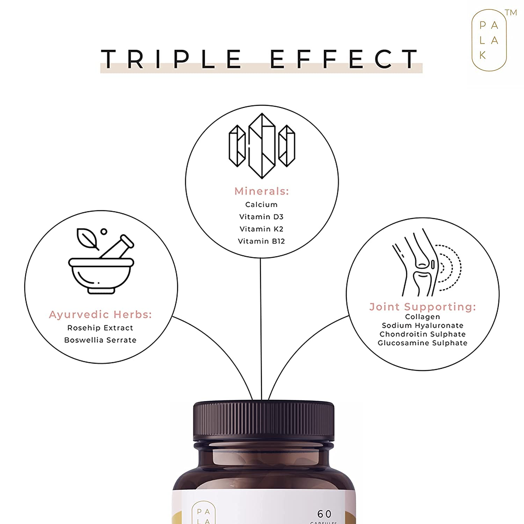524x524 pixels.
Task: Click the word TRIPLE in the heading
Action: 171,59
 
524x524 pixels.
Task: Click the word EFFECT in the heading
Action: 344,59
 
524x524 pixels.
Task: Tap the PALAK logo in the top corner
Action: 489,40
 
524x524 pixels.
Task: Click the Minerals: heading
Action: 262,191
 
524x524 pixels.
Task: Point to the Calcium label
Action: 261,205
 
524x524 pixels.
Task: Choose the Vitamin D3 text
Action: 261,217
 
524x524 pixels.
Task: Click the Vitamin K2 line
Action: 261,229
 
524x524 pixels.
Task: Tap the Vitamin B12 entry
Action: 261,241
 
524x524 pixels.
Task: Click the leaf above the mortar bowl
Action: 87,239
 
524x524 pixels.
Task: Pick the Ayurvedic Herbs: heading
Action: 101,314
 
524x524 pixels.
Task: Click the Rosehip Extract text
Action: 100,328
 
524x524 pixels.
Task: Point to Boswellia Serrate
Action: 100,340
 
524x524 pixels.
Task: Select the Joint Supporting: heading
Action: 423,307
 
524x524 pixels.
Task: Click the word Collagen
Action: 423,317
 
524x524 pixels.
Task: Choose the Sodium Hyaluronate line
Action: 423,326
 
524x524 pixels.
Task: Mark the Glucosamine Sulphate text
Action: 423,343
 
